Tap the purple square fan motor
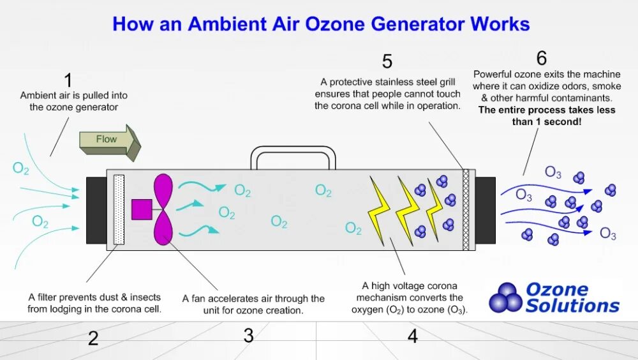coord(141,209)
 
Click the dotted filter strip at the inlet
coord(119,209)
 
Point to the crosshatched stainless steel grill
coord(466,210)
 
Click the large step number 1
coord(68,80)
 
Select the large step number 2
coord(93,338)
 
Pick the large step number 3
coord(249,336)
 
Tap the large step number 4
coord(413,336)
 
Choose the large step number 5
coord(387,62)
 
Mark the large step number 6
coord(542,59)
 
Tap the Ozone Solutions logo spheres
coord(505,297)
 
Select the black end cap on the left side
coord(96,211)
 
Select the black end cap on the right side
coord(485,211)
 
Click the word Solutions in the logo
coord(572,306)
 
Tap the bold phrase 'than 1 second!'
coord(547,121)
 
